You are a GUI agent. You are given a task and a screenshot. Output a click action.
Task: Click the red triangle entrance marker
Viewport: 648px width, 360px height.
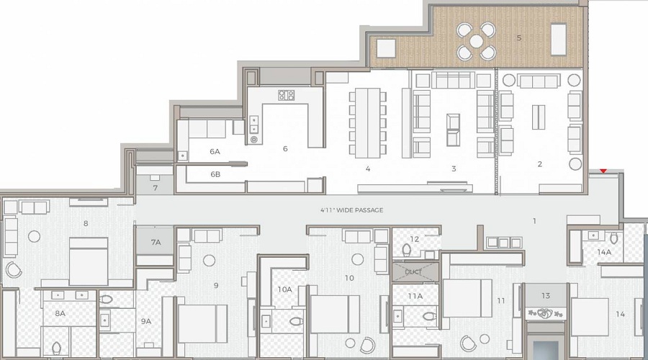(603, 171)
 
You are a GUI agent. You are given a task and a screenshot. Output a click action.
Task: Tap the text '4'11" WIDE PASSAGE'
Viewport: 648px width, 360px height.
(351, 210)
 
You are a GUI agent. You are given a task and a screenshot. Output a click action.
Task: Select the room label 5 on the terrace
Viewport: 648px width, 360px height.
(518, 38)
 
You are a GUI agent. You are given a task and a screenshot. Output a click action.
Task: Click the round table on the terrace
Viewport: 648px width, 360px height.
(477, 40)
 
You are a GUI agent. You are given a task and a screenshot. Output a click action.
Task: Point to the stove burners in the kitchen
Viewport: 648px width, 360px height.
(286, 95)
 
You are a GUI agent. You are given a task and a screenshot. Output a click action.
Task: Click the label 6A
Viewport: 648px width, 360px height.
(215, 152)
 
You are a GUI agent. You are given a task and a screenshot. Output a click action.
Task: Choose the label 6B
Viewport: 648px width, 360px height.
(215, 174)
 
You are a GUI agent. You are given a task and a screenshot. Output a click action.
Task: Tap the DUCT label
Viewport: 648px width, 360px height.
(413, 271)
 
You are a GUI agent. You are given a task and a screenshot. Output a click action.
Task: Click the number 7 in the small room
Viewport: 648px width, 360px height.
(155, 188)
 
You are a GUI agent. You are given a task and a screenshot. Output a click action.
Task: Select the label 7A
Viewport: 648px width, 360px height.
(156, 242)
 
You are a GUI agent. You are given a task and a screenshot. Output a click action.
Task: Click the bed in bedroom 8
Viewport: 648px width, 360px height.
(88, 261)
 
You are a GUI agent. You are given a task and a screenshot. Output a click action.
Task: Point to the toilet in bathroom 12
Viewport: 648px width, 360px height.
(407, 250)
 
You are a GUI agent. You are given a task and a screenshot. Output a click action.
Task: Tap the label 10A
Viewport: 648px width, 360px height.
(284, 289)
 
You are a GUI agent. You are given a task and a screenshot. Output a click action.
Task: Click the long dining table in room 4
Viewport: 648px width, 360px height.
(368, 122)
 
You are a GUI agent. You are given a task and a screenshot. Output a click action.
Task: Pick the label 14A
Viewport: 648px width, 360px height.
(604, 252)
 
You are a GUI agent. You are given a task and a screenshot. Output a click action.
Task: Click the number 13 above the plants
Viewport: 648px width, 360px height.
(546, 295)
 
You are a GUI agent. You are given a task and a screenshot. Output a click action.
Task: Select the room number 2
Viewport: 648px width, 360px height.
(539, 164)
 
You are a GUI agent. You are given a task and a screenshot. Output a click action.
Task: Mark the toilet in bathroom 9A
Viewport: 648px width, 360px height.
(106, 300)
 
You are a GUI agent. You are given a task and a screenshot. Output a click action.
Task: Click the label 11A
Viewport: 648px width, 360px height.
(415, 296)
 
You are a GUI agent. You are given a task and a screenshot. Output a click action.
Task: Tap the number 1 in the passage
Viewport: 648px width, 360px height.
(534, 221)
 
